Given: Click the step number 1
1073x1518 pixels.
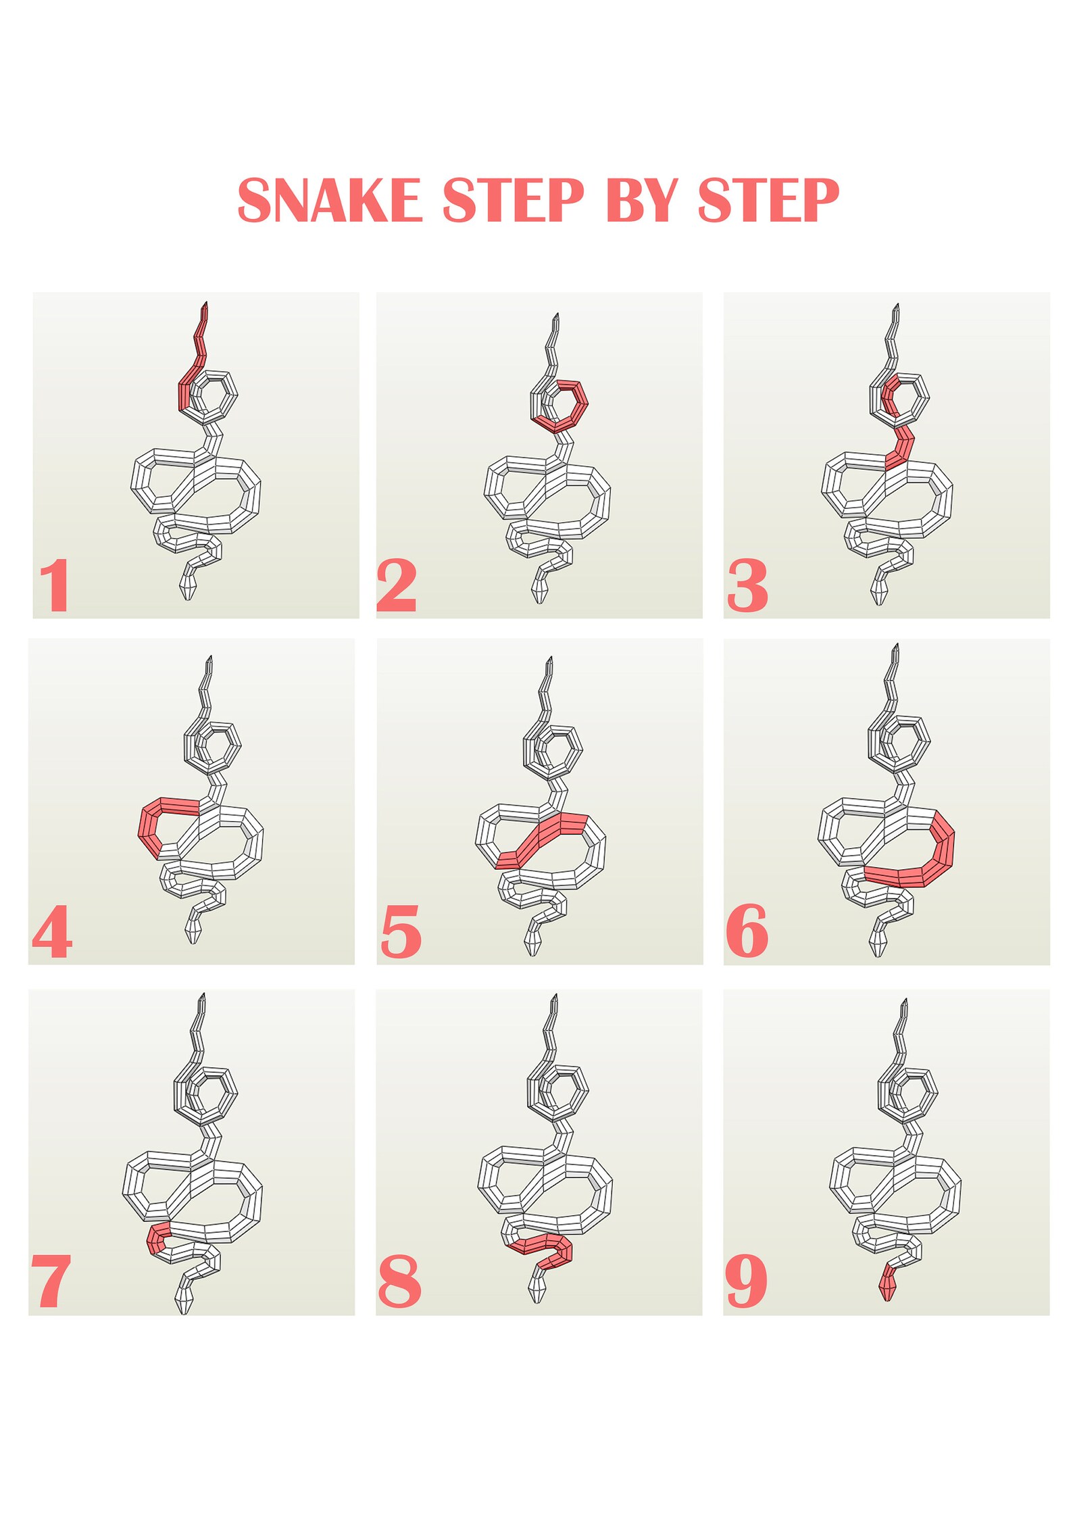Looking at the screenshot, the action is (x=55, y=585).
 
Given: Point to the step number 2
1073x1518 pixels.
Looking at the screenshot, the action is (x=396, y=585).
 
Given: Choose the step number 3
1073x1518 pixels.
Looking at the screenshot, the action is (x=747, y=585).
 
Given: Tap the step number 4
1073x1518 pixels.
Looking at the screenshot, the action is (x=52, y=932).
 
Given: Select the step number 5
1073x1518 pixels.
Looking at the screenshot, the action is (x=401, y=933).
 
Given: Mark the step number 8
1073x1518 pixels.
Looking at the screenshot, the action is (x=399, y=1281).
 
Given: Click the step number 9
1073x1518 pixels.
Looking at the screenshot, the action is (x=746, y=1281).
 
